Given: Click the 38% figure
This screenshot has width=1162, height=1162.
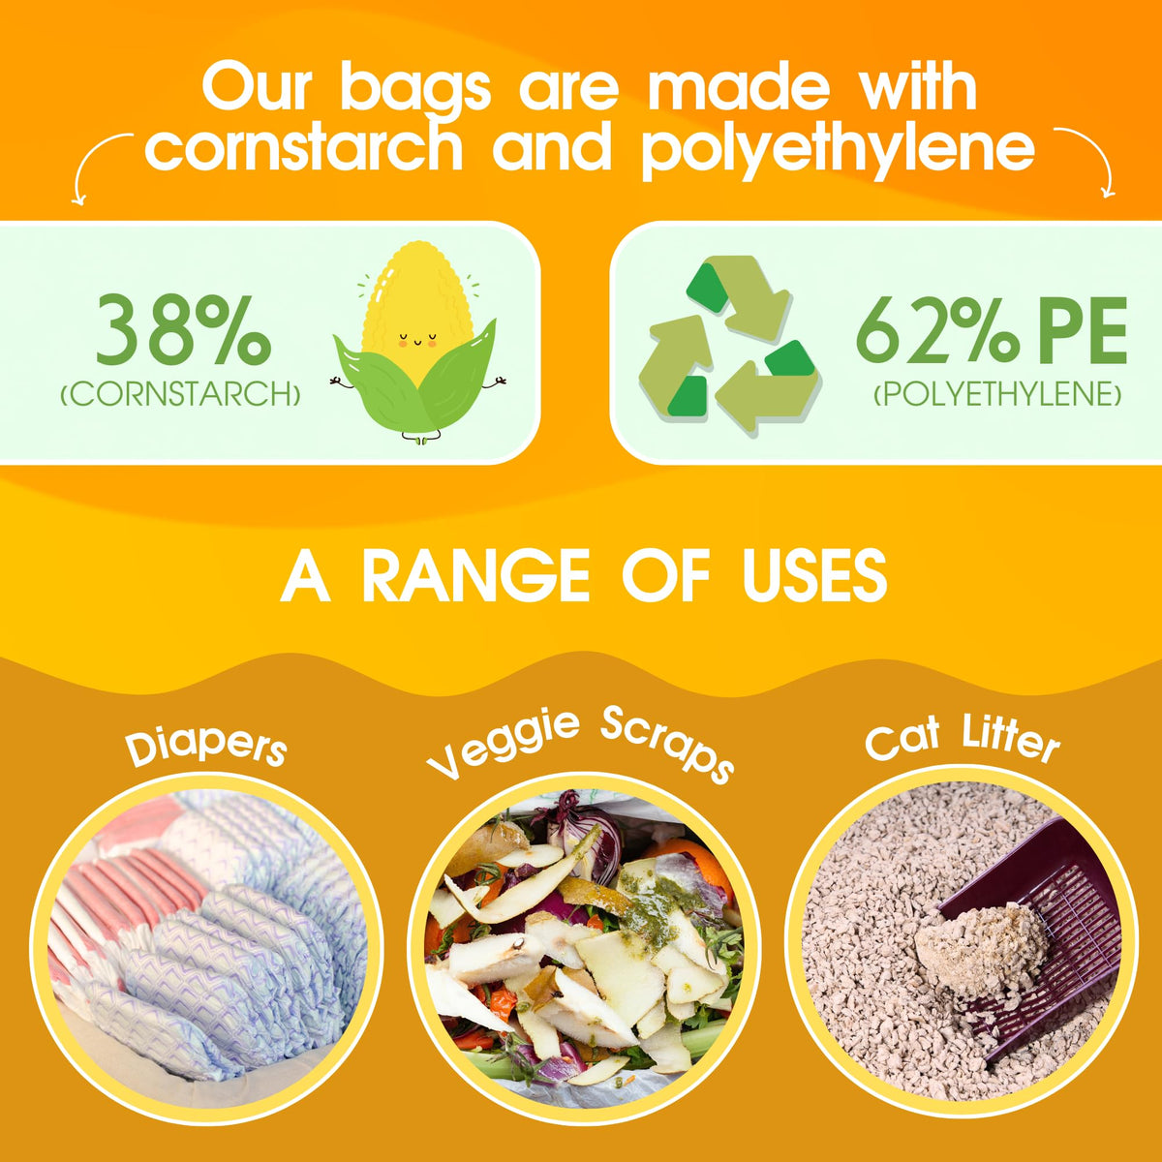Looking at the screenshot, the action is click(x=183, y=331).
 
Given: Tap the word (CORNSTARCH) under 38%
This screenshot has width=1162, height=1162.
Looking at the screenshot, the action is click(x=180, y=394).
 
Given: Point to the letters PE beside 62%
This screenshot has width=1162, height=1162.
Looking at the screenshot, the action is click(x=1075, y=331).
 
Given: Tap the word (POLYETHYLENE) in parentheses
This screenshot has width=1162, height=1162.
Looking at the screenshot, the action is click(x=997, y=395).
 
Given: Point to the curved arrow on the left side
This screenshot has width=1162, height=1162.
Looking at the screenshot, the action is click(x=100, y=164).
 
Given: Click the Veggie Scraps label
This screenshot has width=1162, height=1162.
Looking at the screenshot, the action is click(x=580, y=745).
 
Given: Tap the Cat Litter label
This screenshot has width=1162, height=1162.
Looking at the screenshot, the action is click(x=963, y=737).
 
